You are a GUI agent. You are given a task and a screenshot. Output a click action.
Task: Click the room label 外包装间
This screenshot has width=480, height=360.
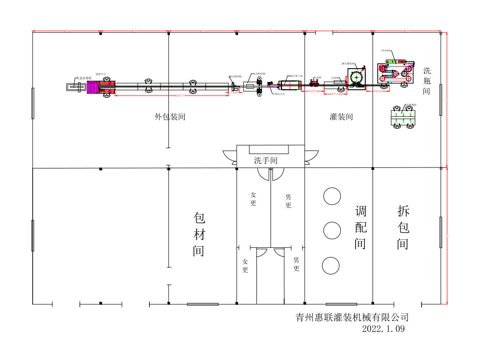170,116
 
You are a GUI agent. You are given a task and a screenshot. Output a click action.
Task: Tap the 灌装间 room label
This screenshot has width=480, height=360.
341,116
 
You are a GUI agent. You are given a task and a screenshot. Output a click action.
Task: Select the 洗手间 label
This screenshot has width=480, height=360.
265,160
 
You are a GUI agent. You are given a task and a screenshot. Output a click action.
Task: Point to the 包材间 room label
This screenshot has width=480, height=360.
199,234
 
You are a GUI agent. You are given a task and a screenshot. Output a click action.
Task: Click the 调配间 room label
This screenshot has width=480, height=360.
360,228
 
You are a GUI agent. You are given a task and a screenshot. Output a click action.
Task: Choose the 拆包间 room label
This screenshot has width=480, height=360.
403,228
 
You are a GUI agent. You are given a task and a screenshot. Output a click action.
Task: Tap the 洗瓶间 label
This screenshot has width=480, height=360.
427,79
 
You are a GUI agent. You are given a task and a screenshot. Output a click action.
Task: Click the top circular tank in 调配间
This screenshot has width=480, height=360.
332,196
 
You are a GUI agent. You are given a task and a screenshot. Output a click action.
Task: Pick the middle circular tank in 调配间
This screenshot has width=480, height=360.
332,231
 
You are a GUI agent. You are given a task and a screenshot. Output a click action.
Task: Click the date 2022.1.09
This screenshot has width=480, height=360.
384,329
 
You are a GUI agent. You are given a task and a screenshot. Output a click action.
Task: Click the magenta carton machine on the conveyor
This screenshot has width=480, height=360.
101,87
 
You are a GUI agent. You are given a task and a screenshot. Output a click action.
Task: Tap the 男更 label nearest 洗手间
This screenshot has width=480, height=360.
288,201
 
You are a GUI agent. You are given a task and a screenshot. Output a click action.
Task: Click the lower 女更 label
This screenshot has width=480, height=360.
245,265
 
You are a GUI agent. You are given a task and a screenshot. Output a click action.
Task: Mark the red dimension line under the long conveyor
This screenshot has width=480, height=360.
171,96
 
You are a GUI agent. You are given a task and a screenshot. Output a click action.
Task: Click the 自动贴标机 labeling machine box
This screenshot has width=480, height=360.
251,86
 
